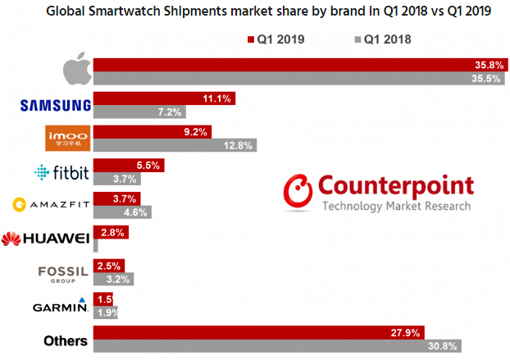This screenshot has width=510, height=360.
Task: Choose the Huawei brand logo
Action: tap(45, 239)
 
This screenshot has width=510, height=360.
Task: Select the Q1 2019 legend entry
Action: tap(275, 39)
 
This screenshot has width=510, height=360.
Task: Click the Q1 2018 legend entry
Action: tap(382, 39)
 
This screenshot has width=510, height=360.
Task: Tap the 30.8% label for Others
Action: tap(443, 345)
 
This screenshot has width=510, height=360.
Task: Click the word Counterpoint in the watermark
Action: tap(397, 185)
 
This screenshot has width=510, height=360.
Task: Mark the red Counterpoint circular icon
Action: tap(298, 191)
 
